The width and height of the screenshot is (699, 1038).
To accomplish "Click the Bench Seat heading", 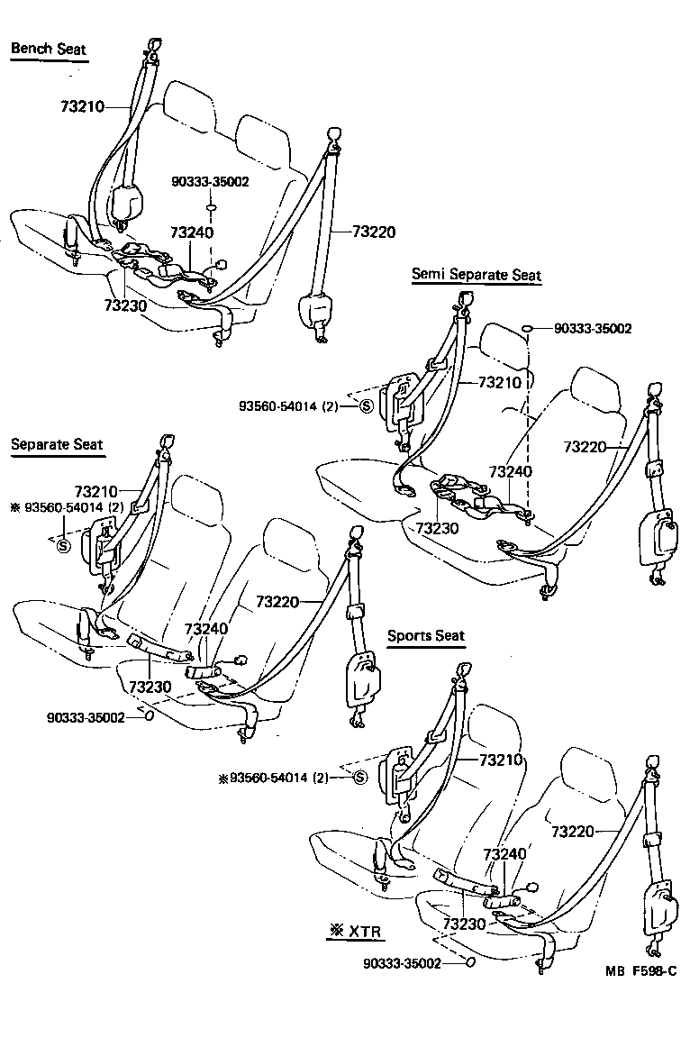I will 49,49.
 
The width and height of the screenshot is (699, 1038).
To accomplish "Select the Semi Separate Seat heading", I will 477,274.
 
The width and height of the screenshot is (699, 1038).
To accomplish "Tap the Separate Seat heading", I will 57,444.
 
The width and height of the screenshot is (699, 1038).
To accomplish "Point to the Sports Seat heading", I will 426,635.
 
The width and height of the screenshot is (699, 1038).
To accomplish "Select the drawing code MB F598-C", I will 640,971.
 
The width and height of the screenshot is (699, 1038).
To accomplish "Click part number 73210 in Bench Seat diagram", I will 83,106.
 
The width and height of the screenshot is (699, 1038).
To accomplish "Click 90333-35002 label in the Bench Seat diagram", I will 210,181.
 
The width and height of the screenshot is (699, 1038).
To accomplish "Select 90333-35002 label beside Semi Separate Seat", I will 593,329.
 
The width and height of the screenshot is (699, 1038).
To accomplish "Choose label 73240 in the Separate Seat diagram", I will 205,628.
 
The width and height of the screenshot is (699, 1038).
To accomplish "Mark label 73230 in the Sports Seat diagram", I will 464,924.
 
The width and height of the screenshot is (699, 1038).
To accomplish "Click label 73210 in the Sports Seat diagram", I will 501,760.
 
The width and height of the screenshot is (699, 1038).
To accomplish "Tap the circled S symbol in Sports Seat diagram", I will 359,778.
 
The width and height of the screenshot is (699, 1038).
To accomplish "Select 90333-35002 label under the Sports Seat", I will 402,962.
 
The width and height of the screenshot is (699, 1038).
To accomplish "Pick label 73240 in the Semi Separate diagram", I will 510,471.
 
